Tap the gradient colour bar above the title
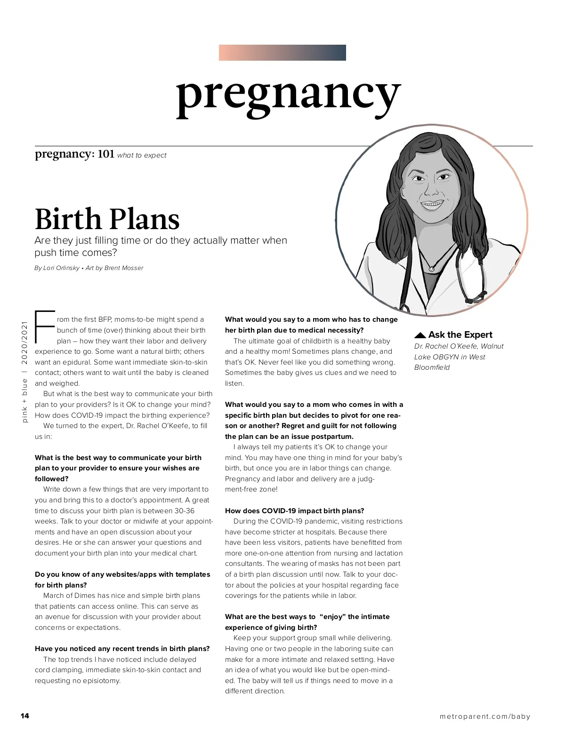tap(282, 53)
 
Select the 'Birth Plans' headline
tap(107, 219)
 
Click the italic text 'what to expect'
tap(142, 155)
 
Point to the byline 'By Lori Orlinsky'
tap(57, 268)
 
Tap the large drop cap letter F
tap(45, 327)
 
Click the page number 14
tap(25, 715)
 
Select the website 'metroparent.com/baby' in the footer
tap(484, 716)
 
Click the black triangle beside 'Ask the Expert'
tap(420, 335)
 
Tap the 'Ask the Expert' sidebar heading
tap(460, 335)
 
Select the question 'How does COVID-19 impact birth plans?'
tap(294, 511)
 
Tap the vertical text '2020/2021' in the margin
tap(24, 343)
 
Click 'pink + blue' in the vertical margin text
tap(24, 401)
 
